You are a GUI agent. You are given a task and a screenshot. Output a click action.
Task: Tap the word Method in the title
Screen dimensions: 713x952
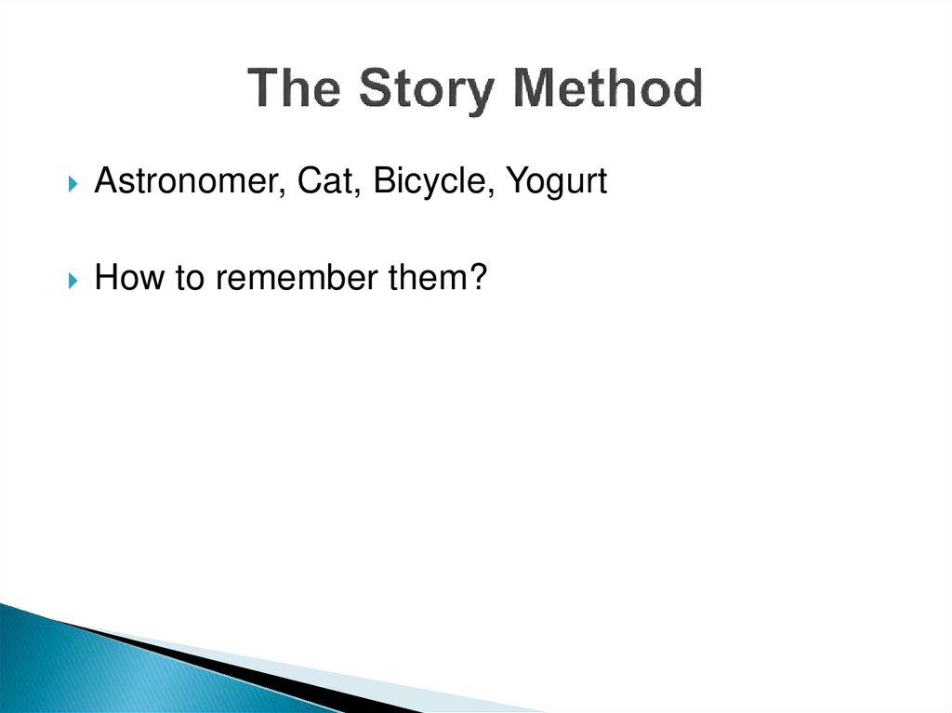(x=609, y=89)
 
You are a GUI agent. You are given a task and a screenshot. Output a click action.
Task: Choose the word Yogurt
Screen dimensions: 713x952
(x=556, y=183)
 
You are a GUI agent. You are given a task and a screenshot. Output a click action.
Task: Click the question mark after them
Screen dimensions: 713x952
(x=479, y=278)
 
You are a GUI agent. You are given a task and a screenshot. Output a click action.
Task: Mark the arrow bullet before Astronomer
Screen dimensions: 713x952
(x=74, y=183)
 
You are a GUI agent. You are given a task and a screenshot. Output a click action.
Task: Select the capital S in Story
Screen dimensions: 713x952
(x=375, y=89)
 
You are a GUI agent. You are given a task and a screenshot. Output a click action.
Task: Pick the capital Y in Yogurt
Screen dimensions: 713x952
(x=516, y=181)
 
